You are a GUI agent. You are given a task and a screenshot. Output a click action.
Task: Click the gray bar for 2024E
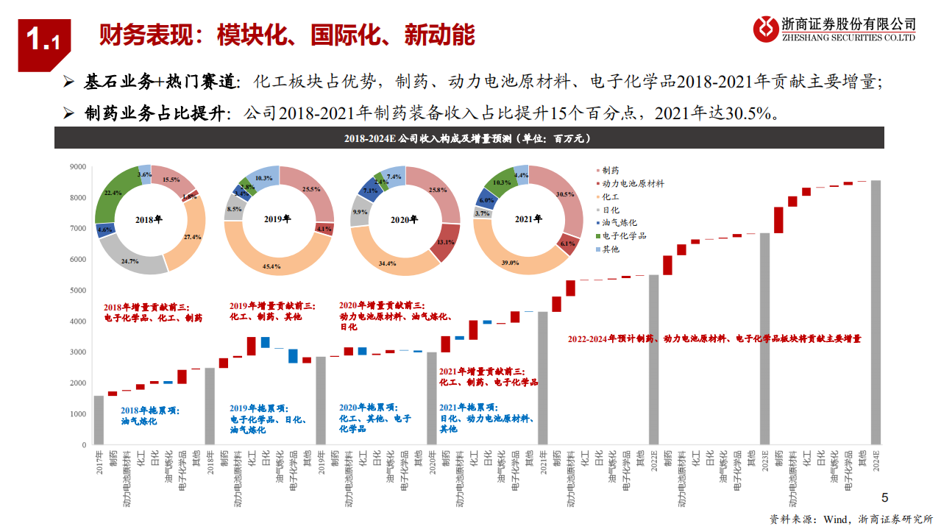(876, 313)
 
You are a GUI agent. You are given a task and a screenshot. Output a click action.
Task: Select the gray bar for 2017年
(99, 420)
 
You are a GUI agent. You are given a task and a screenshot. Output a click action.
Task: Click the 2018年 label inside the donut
(151, 219)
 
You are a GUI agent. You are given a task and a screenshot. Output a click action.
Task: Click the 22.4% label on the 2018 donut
(113, 193)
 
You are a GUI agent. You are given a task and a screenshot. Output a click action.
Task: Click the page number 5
(885, 497)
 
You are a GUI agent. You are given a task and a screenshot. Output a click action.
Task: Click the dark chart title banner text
(469, 138)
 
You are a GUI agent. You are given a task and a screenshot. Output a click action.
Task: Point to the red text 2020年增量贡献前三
(381, 305)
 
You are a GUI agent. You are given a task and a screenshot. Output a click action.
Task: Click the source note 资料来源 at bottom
(851, 519)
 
